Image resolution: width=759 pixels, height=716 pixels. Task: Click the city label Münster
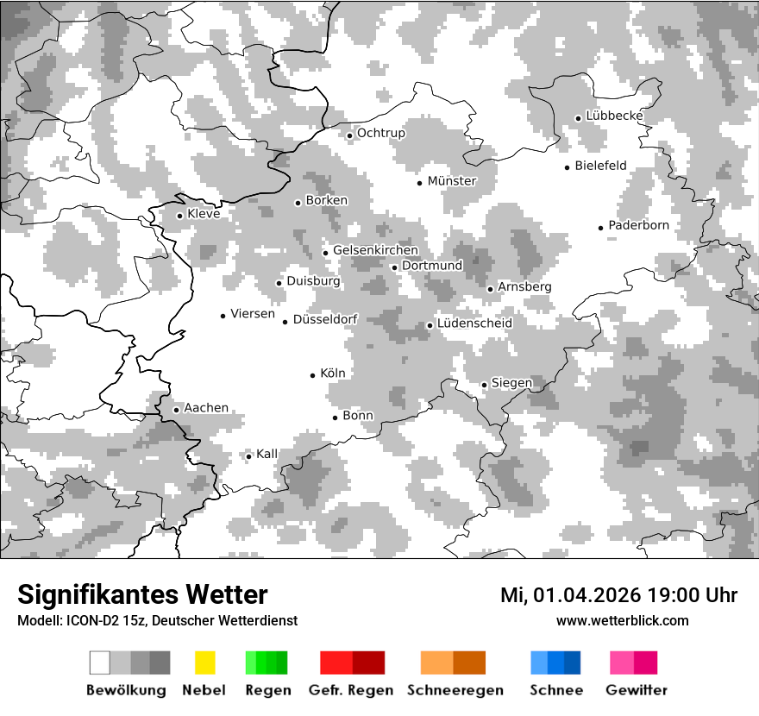[451, 181]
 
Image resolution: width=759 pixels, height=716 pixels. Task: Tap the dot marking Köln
[313, 375]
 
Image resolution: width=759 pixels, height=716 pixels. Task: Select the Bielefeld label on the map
[600, 166]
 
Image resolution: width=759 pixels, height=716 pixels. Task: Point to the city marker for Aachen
[176, 410]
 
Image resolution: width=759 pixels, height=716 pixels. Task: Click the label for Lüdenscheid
[474, 323]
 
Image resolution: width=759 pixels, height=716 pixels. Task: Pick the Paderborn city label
[638, 225]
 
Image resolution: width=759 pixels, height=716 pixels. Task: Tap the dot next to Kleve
[179, 216]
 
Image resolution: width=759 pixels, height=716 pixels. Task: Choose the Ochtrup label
[380, 133]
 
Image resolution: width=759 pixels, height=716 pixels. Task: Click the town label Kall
[267, 454]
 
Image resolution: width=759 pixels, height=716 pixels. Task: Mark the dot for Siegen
[484, 385]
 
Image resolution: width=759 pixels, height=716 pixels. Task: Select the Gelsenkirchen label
[375, 250]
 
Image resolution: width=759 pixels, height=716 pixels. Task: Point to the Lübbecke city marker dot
[578, 118]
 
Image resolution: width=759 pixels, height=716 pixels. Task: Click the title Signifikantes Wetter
[142, 594]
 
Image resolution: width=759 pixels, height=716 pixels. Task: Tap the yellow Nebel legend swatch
[204, 663]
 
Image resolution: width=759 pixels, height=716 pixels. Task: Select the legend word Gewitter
[636, 690]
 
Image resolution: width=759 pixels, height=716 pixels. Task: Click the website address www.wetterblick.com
[622, 620]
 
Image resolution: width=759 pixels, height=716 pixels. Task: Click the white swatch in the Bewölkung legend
[100, 663]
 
